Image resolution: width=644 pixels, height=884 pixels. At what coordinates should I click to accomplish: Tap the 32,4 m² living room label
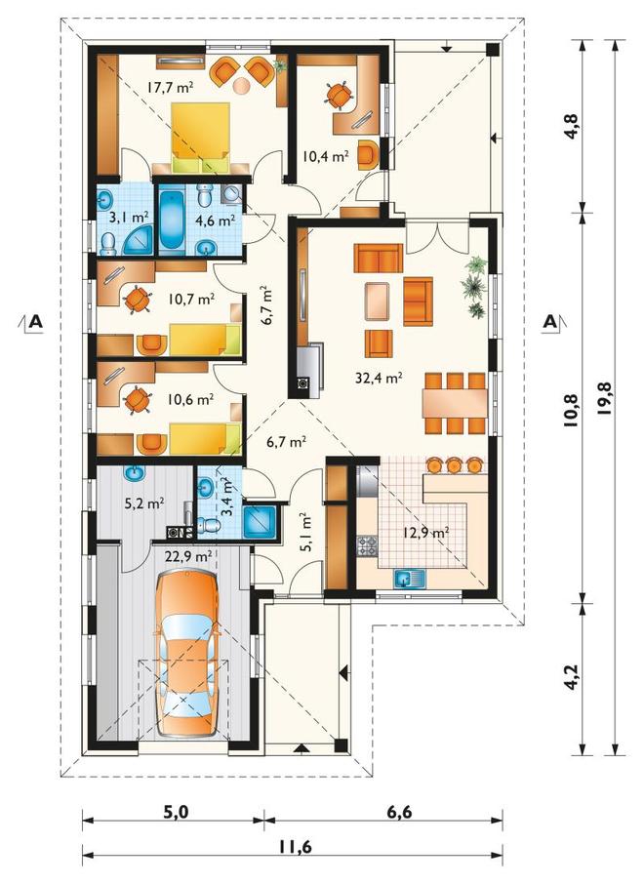pyautogui.click(x=379, y=379)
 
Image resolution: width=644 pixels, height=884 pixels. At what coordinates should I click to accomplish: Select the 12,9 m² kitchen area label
pyautogui.click(x=425, y=531)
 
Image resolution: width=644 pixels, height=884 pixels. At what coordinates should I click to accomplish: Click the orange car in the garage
pyautogui.click(x=186, y=653)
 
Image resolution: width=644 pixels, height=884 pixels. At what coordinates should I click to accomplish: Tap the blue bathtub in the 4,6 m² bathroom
pyautogui.click(x=172, y=220)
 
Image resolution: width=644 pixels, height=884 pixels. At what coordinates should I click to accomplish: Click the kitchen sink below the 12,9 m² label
pyautogui.click(x=410, y=579)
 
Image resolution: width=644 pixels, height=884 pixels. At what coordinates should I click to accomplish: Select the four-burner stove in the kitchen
pyautogui.click(x=367, y=545)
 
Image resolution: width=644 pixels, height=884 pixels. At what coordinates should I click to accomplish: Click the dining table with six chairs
pyautogui.click(x=454, y=403)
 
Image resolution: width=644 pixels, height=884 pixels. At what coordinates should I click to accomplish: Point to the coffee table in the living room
pyautogui.click(x=378, y=301)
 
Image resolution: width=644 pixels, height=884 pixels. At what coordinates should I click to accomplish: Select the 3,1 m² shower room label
pyautogui.click(x=129, y=217)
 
